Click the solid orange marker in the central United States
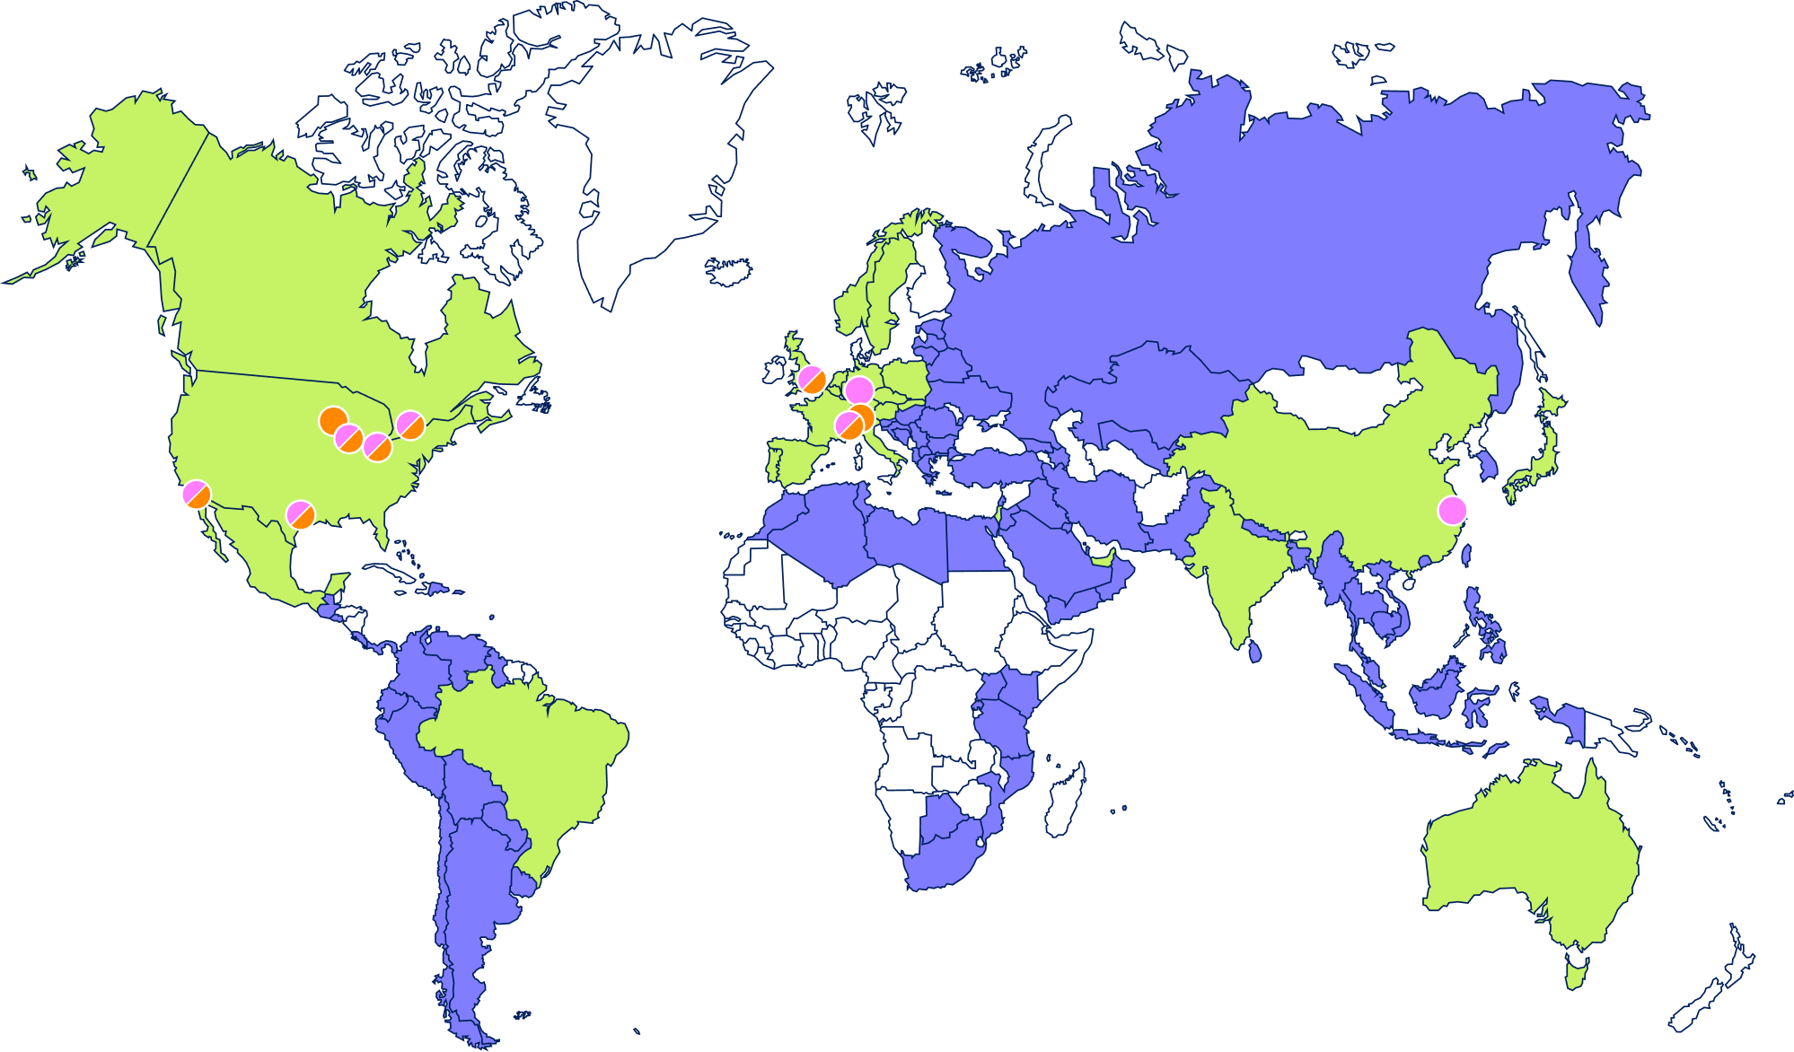coord(333,420)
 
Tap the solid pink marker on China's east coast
coord(1452,511)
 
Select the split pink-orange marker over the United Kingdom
coord(813,380)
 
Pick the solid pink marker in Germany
coord(859,390)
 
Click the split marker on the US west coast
coord(196,494)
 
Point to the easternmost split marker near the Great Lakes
coord(410,425)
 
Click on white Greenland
coord(646,162)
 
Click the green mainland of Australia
coord(1526,853)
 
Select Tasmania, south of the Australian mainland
coord(1576,971)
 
